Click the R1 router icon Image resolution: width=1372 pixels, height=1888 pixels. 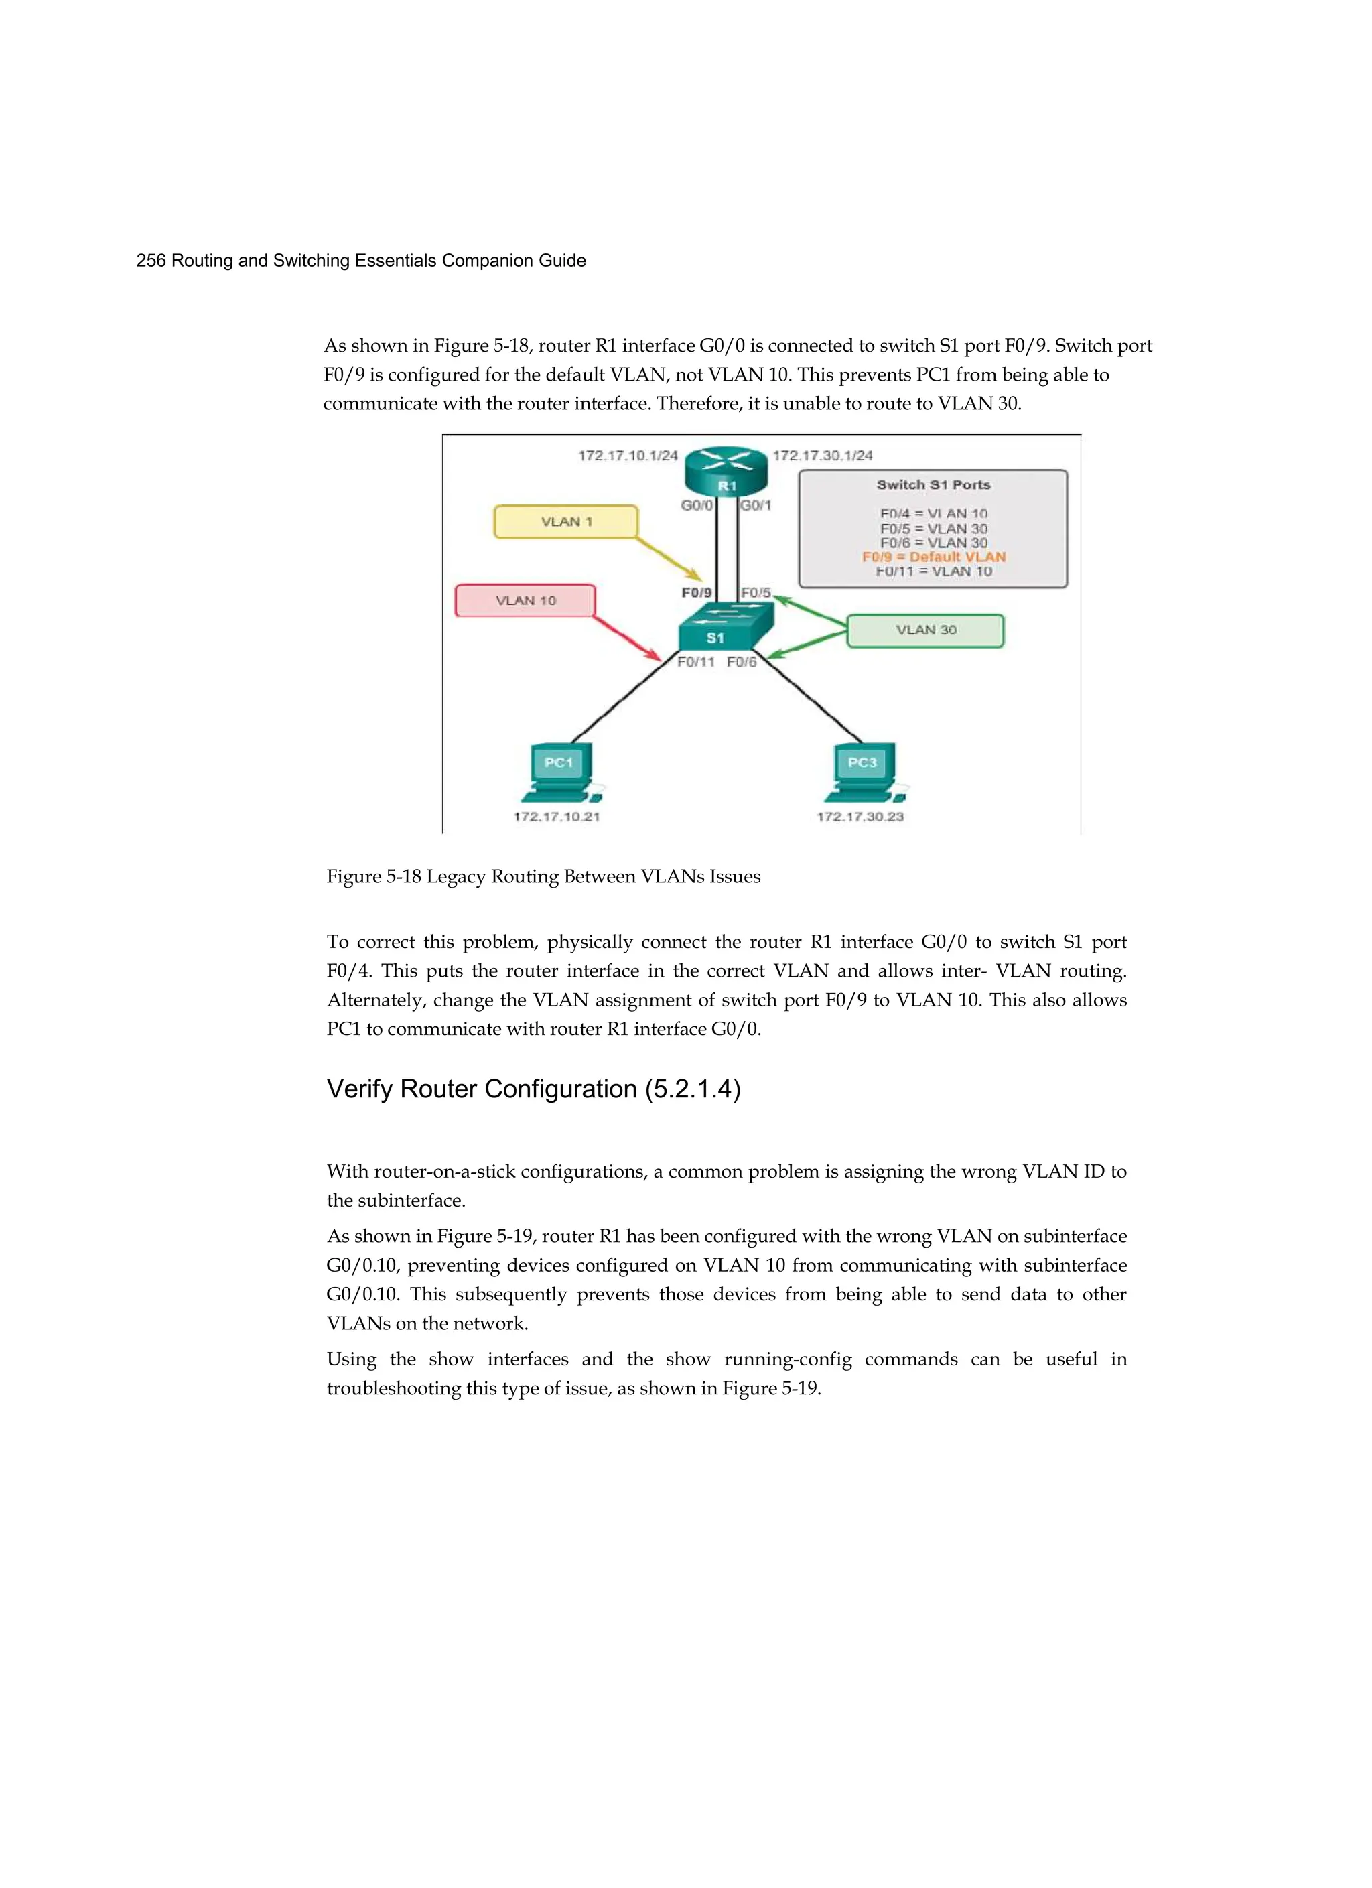tap(726, 471)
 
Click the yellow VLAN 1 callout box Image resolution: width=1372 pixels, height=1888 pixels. tap(566, 522)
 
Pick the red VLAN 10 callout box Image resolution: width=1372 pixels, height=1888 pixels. tap(525, 600)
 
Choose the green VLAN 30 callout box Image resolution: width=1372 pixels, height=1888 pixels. tap(925, 630)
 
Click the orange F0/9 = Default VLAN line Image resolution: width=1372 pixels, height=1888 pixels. tap(933, 557)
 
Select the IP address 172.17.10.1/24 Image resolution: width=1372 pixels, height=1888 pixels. tap(628, 456)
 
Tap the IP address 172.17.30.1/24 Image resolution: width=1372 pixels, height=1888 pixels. tap(823, 456)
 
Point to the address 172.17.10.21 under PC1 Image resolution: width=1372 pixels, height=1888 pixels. tap(556, 817)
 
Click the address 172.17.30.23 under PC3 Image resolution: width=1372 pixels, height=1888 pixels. tap(860, 817)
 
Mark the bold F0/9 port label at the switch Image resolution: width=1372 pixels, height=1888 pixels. tap(697, 593)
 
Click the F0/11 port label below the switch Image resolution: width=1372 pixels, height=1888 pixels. tap(696, 662)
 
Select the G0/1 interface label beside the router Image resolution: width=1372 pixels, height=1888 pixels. tap(756, 505)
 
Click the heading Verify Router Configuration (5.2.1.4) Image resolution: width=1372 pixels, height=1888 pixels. tap(534, 1089)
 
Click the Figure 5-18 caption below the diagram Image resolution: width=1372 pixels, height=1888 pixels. tap(543, 876)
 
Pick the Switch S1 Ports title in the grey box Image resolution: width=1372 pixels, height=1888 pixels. tap(933, 484)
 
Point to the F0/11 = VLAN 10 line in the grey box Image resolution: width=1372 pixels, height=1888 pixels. tap(933, 571)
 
